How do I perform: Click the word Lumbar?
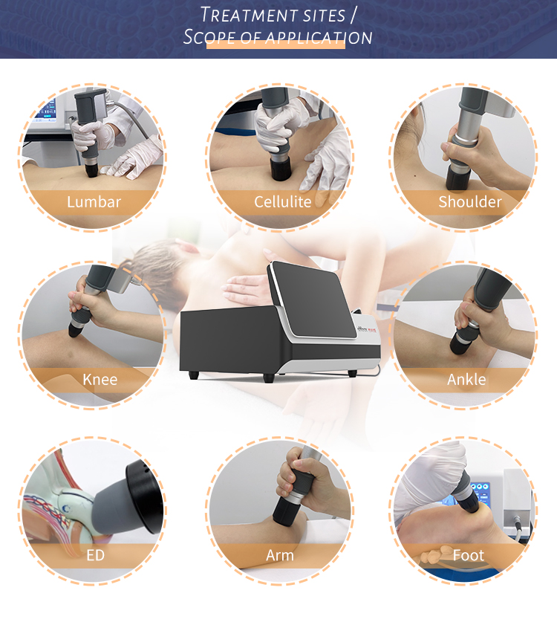click(x=94, y=202)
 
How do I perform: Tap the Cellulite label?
click(x=282, y=202)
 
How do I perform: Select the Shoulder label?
click(x=470, y=202)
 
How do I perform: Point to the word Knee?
click(x=100, y=380)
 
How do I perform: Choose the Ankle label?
click(x=466, y=380)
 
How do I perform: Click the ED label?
click(x=96, y=555)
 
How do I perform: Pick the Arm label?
click(x=280, y=555)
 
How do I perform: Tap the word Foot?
click(x=469, y=555)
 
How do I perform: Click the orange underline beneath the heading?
click(x=276, y=45)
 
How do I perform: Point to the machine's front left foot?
click(x=194, y=375)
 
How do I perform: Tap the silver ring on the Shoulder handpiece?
click(x=465, y=140)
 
